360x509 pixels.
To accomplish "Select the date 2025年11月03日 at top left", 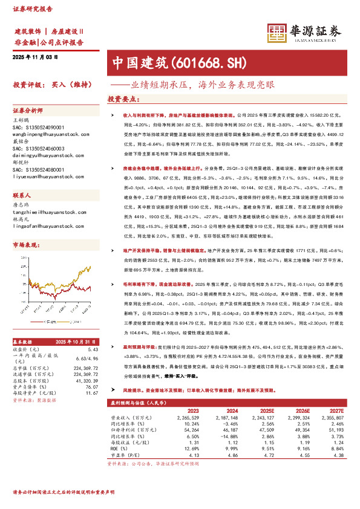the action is pos(35,56).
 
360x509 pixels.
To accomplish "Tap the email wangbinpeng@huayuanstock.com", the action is pos(45,128).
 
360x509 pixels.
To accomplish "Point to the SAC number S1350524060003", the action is pos(39,148).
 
